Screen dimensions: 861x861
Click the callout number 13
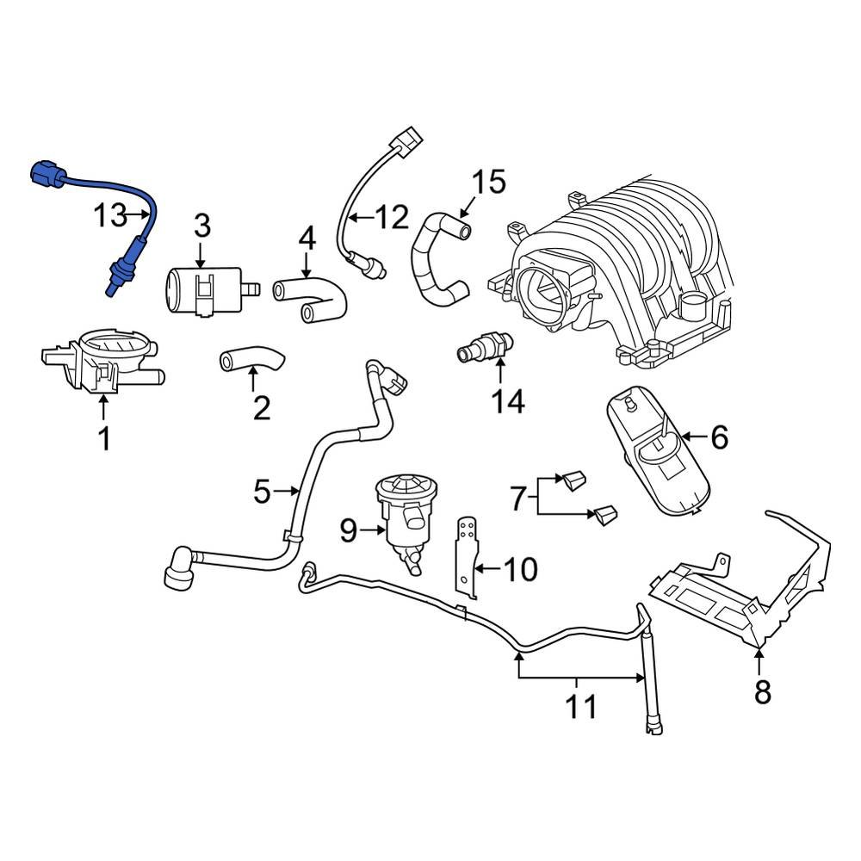point(110,215)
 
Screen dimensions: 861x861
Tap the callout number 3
point(201,227)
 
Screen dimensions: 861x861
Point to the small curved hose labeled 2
point(252,359)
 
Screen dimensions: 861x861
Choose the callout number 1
point(103,439)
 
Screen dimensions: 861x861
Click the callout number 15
point(487,184)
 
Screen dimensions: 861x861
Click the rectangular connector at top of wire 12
point(406,139)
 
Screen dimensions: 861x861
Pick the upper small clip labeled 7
point(573,479)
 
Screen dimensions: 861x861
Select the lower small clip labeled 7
point(604,515)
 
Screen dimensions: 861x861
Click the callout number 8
point(762,691)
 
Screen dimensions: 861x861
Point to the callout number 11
point(581,708)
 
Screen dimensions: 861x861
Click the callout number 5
point(263,492)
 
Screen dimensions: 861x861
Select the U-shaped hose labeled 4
point(312,299)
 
